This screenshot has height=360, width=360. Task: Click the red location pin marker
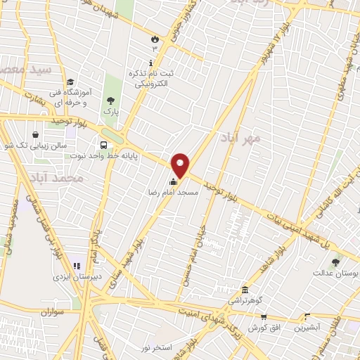pos(181,165)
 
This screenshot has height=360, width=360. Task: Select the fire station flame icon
pos(155,39)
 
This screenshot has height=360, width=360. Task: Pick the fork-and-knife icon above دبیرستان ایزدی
pos(77,266)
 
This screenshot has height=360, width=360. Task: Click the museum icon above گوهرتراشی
pos(244,290)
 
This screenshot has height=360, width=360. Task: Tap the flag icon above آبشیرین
pos(305,318)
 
